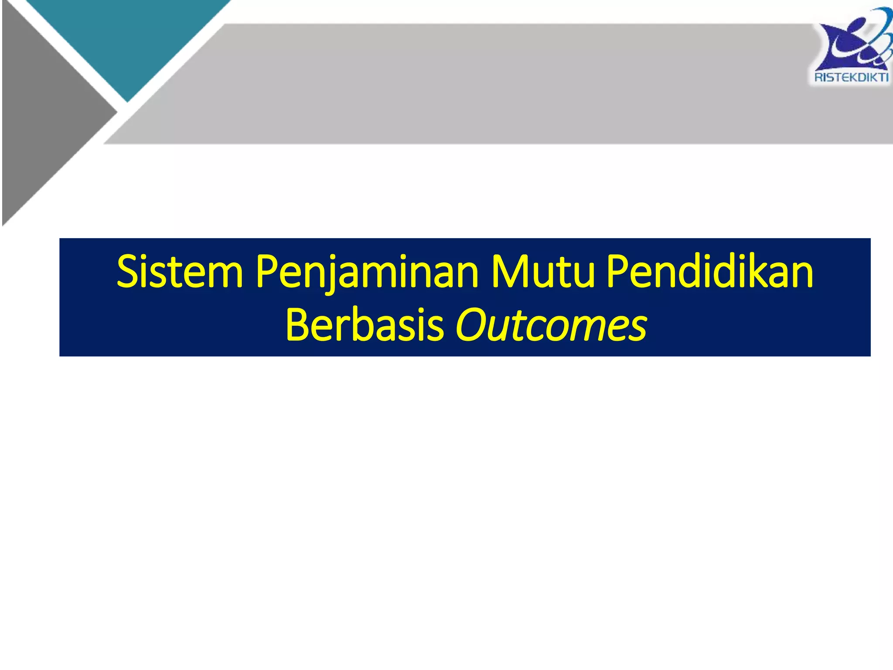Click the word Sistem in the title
[180, 272]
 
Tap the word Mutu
[543, 272]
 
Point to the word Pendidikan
[710, 272]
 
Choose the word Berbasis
[365, 325]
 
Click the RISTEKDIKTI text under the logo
[851, 78]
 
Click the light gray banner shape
[480, 83]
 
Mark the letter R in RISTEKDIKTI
[818, 78]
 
